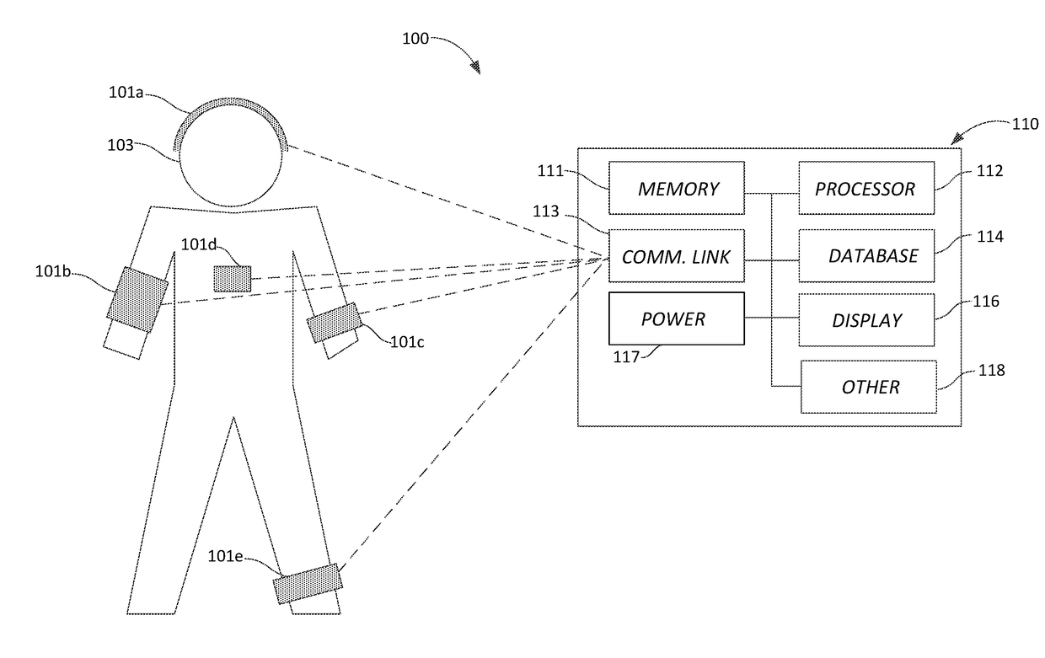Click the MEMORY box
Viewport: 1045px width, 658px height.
pyautogui.click(x=677, y=188)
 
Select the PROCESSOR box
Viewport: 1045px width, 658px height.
pyautogui.click(x=866, y=188)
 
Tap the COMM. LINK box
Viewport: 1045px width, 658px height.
pyautogui.click(x=677, y=255)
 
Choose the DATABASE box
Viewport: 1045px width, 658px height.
pyautogui.click(x=866, y=255)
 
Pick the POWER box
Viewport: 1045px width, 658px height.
pyautogui.click(x=677, y=318)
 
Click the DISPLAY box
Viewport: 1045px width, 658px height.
pyautogui.click(x=866, y=320)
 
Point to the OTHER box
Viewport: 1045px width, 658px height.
pyautogui.click(x=869, y=387)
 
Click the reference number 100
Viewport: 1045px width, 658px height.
pyautogui.click(x=415, y=39)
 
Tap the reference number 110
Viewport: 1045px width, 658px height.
pyautogui.click(x=1025, y=124)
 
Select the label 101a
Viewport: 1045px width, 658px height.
pyautogui.click(x=126, y=93)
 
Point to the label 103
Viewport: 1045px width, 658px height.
pyautogui.click(x=121, y=146)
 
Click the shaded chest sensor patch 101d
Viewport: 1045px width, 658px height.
pyautogui.click(x=233, y=279)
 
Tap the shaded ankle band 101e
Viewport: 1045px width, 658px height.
pyautogui.click(x=308, y=583)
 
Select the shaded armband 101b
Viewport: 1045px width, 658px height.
pyautogui.click(x=137, y=299)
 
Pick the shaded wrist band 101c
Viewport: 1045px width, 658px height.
pyautogui.click(x=335, y=322)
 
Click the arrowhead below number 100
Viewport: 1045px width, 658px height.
pyautogui.click(x=475, y=67)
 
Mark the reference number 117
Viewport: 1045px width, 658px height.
pyautogui.click(x=626, y=357)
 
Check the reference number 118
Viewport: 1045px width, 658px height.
pyautogui.click(x=991, y=370)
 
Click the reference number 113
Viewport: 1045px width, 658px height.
pyautogui.click(x=546, y=211)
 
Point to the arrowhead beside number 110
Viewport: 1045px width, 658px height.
pyautogui.click(x=957, y=138)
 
